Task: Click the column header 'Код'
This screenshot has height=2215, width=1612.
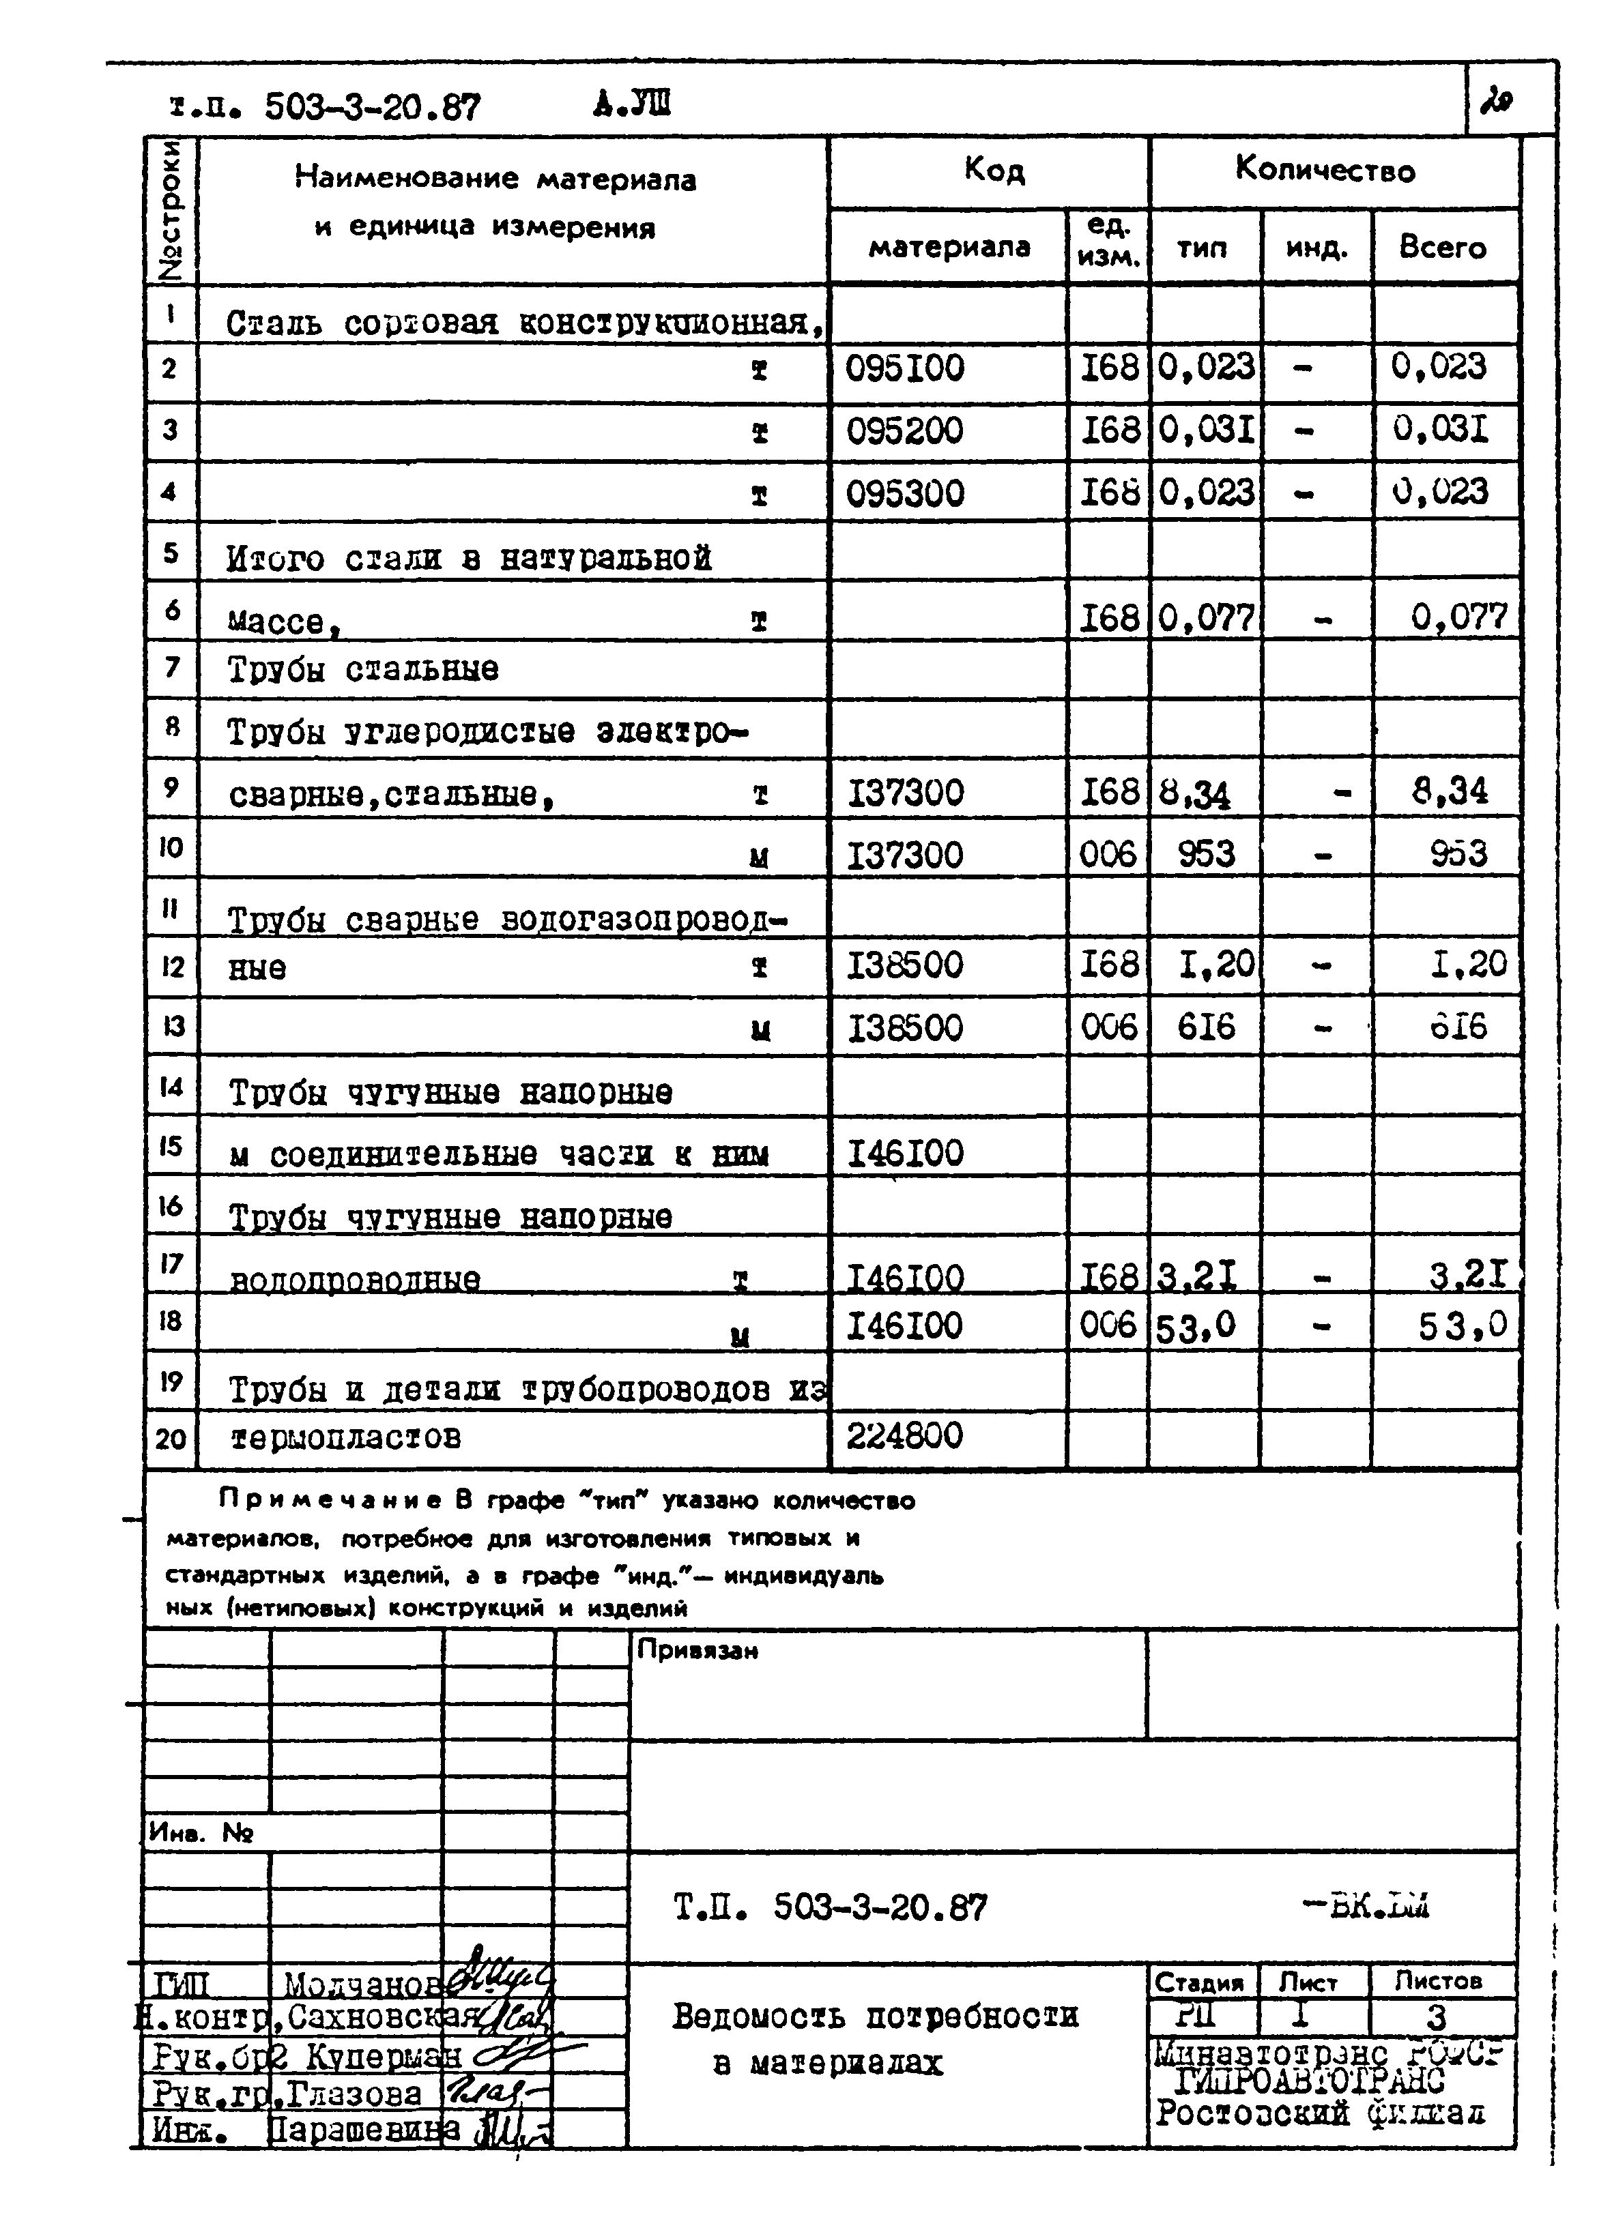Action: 994,171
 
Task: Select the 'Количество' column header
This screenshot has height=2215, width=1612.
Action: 1325,171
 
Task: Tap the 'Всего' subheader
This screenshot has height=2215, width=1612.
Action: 1442,247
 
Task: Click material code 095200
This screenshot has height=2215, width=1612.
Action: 904,430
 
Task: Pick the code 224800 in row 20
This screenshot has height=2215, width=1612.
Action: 904,1436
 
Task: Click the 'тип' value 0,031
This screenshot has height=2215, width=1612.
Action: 1205,430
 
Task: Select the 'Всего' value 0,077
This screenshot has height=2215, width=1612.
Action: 1458,616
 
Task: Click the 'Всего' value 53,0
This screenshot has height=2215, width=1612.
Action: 1463,1325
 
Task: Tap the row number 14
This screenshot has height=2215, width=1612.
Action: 171,1087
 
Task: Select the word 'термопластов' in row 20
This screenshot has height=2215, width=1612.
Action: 345,1437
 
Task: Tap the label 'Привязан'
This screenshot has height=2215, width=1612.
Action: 697,1651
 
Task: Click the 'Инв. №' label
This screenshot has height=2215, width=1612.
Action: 199,1832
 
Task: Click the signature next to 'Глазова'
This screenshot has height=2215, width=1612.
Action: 493,2093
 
